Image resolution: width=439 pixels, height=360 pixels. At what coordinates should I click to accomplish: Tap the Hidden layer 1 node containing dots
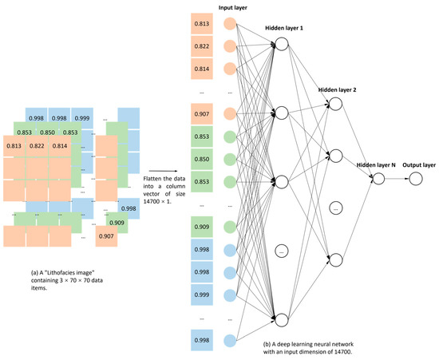pos(281,251)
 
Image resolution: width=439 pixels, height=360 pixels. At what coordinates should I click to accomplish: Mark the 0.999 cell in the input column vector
pos(204,295)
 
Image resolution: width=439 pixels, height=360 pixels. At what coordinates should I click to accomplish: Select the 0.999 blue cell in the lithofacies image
pos(82,117)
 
